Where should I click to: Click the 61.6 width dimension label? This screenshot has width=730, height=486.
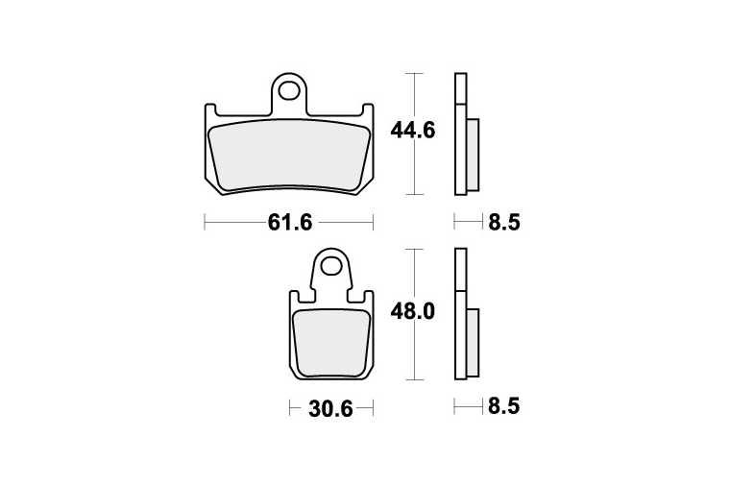pos(289,223)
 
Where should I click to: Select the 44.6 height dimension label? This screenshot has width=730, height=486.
pos(412,130)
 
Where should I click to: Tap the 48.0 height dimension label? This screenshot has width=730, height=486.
pos(412,311)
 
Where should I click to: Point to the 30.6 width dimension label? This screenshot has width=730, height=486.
pos(330,409)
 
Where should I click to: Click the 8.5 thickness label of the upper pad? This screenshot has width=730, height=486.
pos(503,222)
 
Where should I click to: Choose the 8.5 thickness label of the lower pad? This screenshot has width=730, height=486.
pos(503,406)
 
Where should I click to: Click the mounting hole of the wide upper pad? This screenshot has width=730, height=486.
pos(289,91)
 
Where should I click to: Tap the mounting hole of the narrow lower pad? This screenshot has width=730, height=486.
pos(332,265)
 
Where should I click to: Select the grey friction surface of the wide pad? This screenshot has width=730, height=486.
pos(289,156)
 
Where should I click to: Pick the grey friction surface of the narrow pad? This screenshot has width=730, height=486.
pos(331,344)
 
